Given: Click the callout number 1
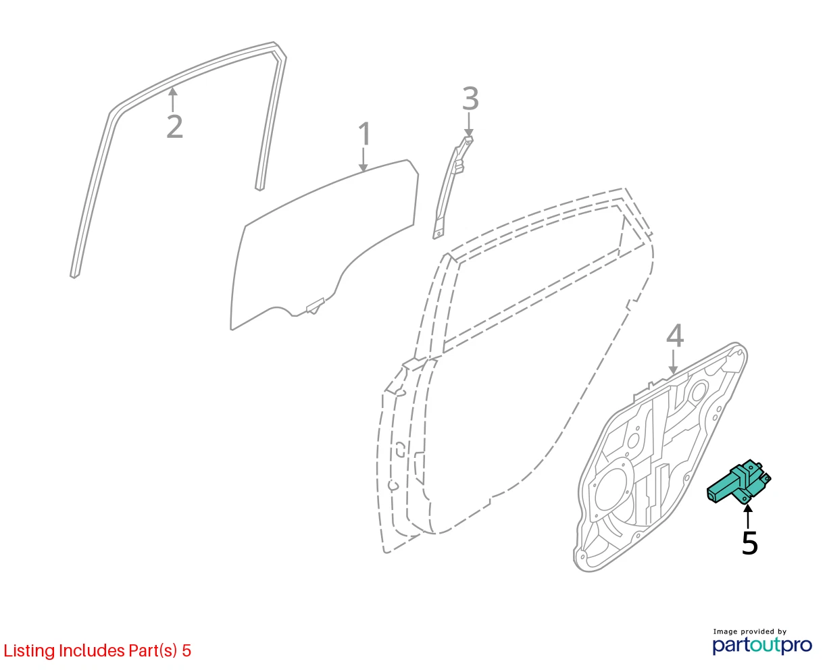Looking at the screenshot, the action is pyautogui.click(x=364, y=134).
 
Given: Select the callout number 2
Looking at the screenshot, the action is pyautogui.click(x=174, y=126).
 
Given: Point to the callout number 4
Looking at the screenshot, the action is pyautogui.click(x=675, y=336).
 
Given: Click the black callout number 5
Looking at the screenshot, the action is pyautogui.click(x=749, y=543).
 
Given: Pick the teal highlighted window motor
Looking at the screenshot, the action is pyautogui.click(x=738, y=482).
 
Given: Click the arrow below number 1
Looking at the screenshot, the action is pyautogui.click(x=363, y=159).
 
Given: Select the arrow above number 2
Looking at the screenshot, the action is pyautogui.click(x=173, y=100).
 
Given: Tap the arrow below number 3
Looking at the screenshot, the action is pyautogui.click(x=469, y=124).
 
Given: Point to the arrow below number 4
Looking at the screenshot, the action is pyautogui.click(x=674, y=362).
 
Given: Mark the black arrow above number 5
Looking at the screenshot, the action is pyautogui.click(x=748, y=516).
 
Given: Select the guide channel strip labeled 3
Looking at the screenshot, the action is pyautogui.click(x=453, y=188).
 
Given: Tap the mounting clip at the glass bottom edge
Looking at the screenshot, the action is pyautogui.click(x=315, y=306).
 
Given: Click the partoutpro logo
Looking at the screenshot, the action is pyautogui.click(x=762, y=645).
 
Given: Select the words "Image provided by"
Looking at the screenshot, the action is pyautogui.click(x=750, y=632).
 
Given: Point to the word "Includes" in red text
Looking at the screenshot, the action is pyautogui.click(x=92, y=650).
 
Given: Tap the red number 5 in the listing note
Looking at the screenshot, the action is pyautogui.click(x=186, y=651).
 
